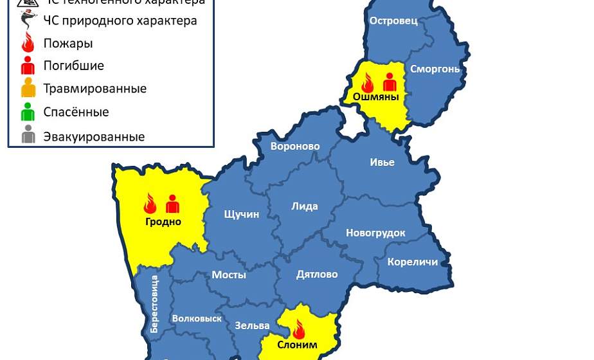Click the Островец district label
(393, 21)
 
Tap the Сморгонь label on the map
(435, 69)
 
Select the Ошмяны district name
(372, 97)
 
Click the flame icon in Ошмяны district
(368, 82)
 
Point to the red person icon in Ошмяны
(390, 82)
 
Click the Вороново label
(295, 147)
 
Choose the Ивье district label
(382, 162)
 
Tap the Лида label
(305, 206)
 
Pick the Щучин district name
(241, 214)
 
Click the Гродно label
(163, 222)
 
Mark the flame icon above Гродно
(150, 203)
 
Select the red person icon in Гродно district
(172, 203)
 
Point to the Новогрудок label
(375, 233)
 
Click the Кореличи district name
(412, 262)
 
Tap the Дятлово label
(317, 274)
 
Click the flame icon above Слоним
(298, 328)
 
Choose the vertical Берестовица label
(154, 304)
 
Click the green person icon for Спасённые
(28, 112)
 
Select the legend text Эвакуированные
(94, 137)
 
